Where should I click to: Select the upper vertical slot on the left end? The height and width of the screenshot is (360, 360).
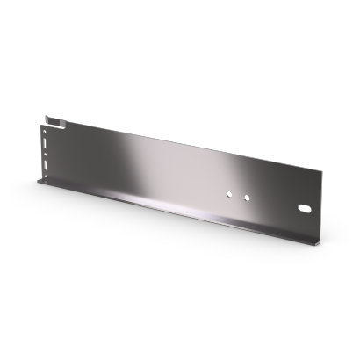point(46,142)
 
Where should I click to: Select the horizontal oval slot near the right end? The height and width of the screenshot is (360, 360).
point(305,209)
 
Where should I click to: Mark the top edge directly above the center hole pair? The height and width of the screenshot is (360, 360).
point(239,157)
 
